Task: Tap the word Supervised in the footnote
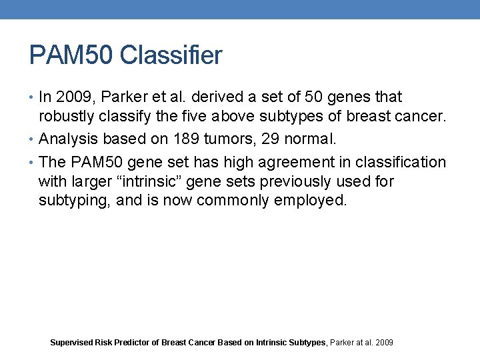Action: pos(71,343)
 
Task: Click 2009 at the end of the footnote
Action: pos(384,343)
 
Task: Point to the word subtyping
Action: pos(73,201)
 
